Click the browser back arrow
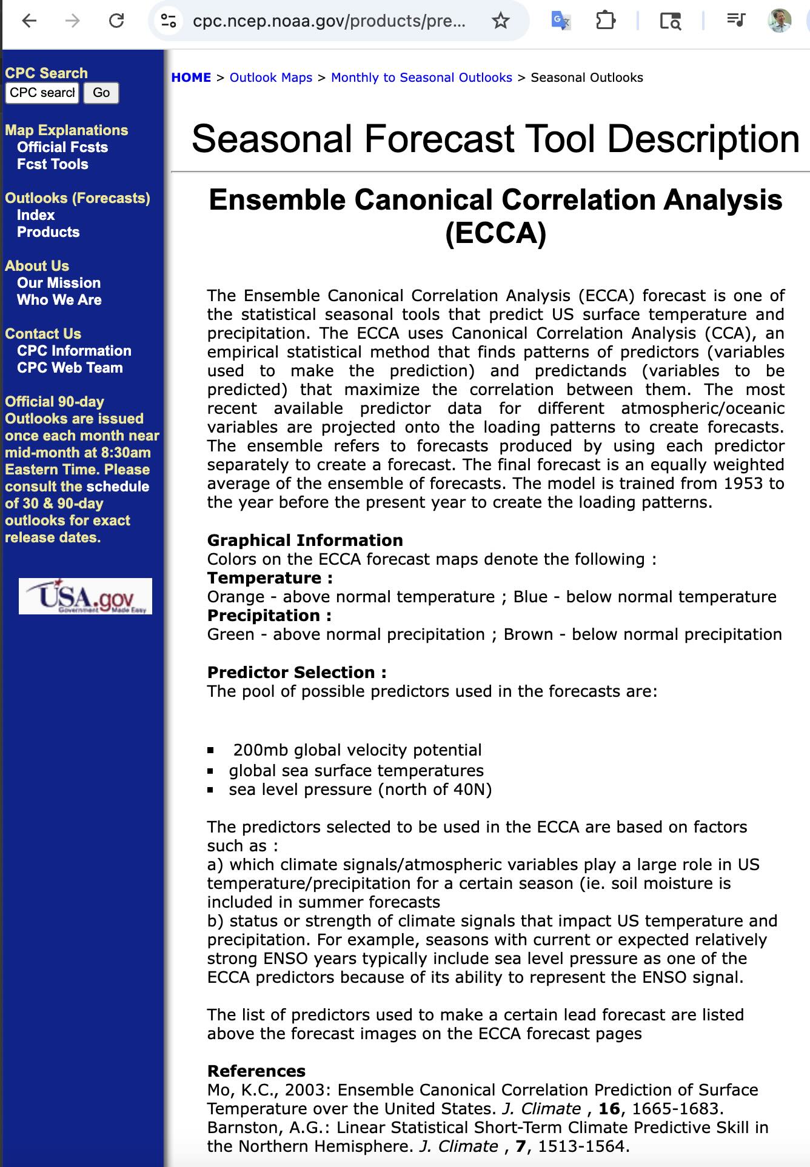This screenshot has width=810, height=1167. click(29, 21)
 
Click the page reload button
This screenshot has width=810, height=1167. click(116, 21)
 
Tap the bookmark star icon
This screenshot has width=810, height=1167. click(500, 21)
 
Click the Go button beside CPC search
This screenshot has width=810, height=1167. click(101, 93)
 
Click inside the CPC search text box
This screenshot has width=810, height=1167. click(42, 93)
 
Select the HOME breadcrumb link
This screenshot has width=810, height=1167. click(191, 78)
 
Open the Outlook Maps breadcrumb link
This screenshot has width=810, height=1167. click(271, 78)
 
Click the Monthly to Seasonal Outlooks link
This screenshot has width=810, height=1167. click(421, 78)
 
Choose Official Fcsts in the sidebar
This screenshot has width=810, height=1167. click(62, 147)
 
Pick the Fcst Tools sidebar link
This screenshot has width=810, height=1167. click(53, 164)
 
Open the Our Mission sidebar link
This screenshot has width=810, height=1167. click(59, 283)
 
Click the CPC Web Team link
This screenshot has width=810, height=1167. click(70, 368)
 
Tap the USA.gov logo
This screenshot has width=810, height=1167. click(85, 596)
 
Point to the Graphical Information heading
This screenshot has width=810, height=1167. click(305, 540)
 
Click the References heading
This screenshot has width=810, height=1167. click(256, 1071)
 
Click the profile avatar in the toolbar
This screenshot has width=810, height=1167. click(780, 21)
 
